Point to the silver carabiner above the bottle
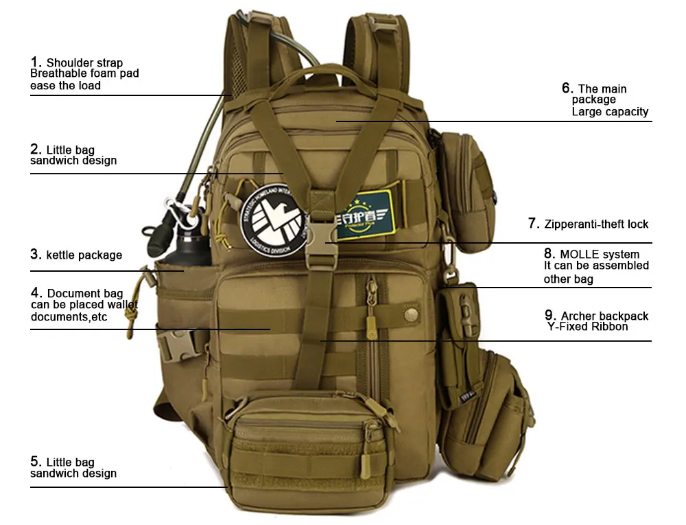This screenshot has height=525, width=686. click(x=174, y=209)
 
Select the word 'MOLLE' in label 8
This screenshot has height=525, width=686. click(x=579, y=255)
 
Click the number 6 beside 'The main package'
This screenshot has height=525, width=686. click(x=567, y=88)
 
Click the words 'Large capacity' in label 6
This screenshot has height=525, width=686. click(x=610, y=112)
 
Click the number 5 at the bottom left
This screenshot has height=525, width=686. click(x=35, y=462)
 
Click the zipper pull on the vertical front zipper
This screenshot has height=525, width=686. click(x=372, y=323)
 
